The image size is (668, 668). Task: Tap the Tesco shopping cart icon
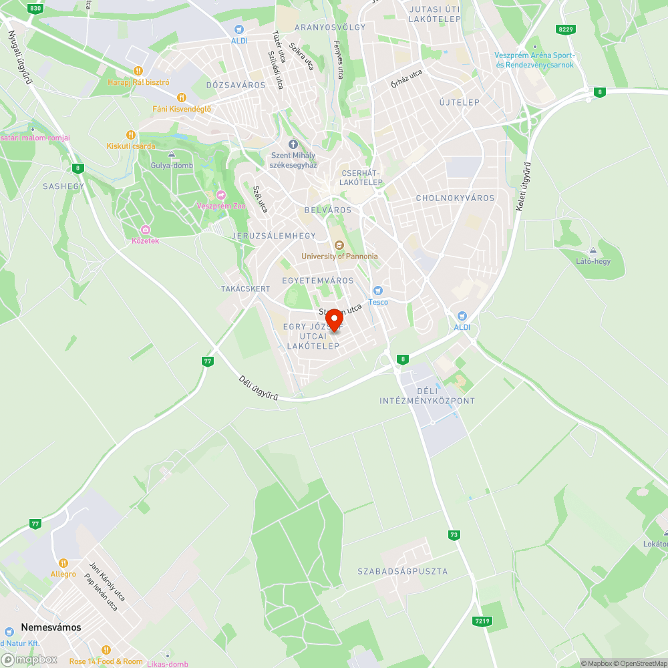(378, 291)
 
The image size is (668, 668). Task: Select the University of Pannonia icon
(339, 245)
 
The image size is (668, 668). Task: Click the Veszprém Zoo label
(221, 206)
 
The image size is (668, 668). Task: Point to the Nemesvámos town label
(51, 627)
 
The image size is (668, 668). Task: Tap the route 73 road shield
(454, 534)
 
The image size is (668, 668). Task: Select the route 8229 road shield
(565, 29)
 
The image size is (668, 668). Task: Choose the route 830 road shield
(36, 8)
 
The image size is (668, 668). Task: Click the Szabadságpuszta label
(402, 571)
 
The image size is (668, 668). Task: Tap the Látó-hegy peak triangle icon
(593, 251)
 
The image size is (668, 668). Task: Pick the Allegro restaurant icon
(63, 563)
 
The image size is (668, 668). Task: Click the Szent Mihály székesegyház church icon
(293, 144)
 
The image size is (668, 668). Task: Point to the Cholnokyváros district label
(455, 198)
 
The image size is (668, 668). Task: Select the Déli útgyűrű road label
(259, 388)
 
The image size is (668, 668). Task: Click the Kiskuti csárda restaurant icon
(131, 135)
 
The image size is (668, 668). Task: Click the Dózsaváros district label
(236, 85)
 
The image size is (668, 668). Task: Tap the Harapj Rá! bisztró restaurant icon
(138, 71)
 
